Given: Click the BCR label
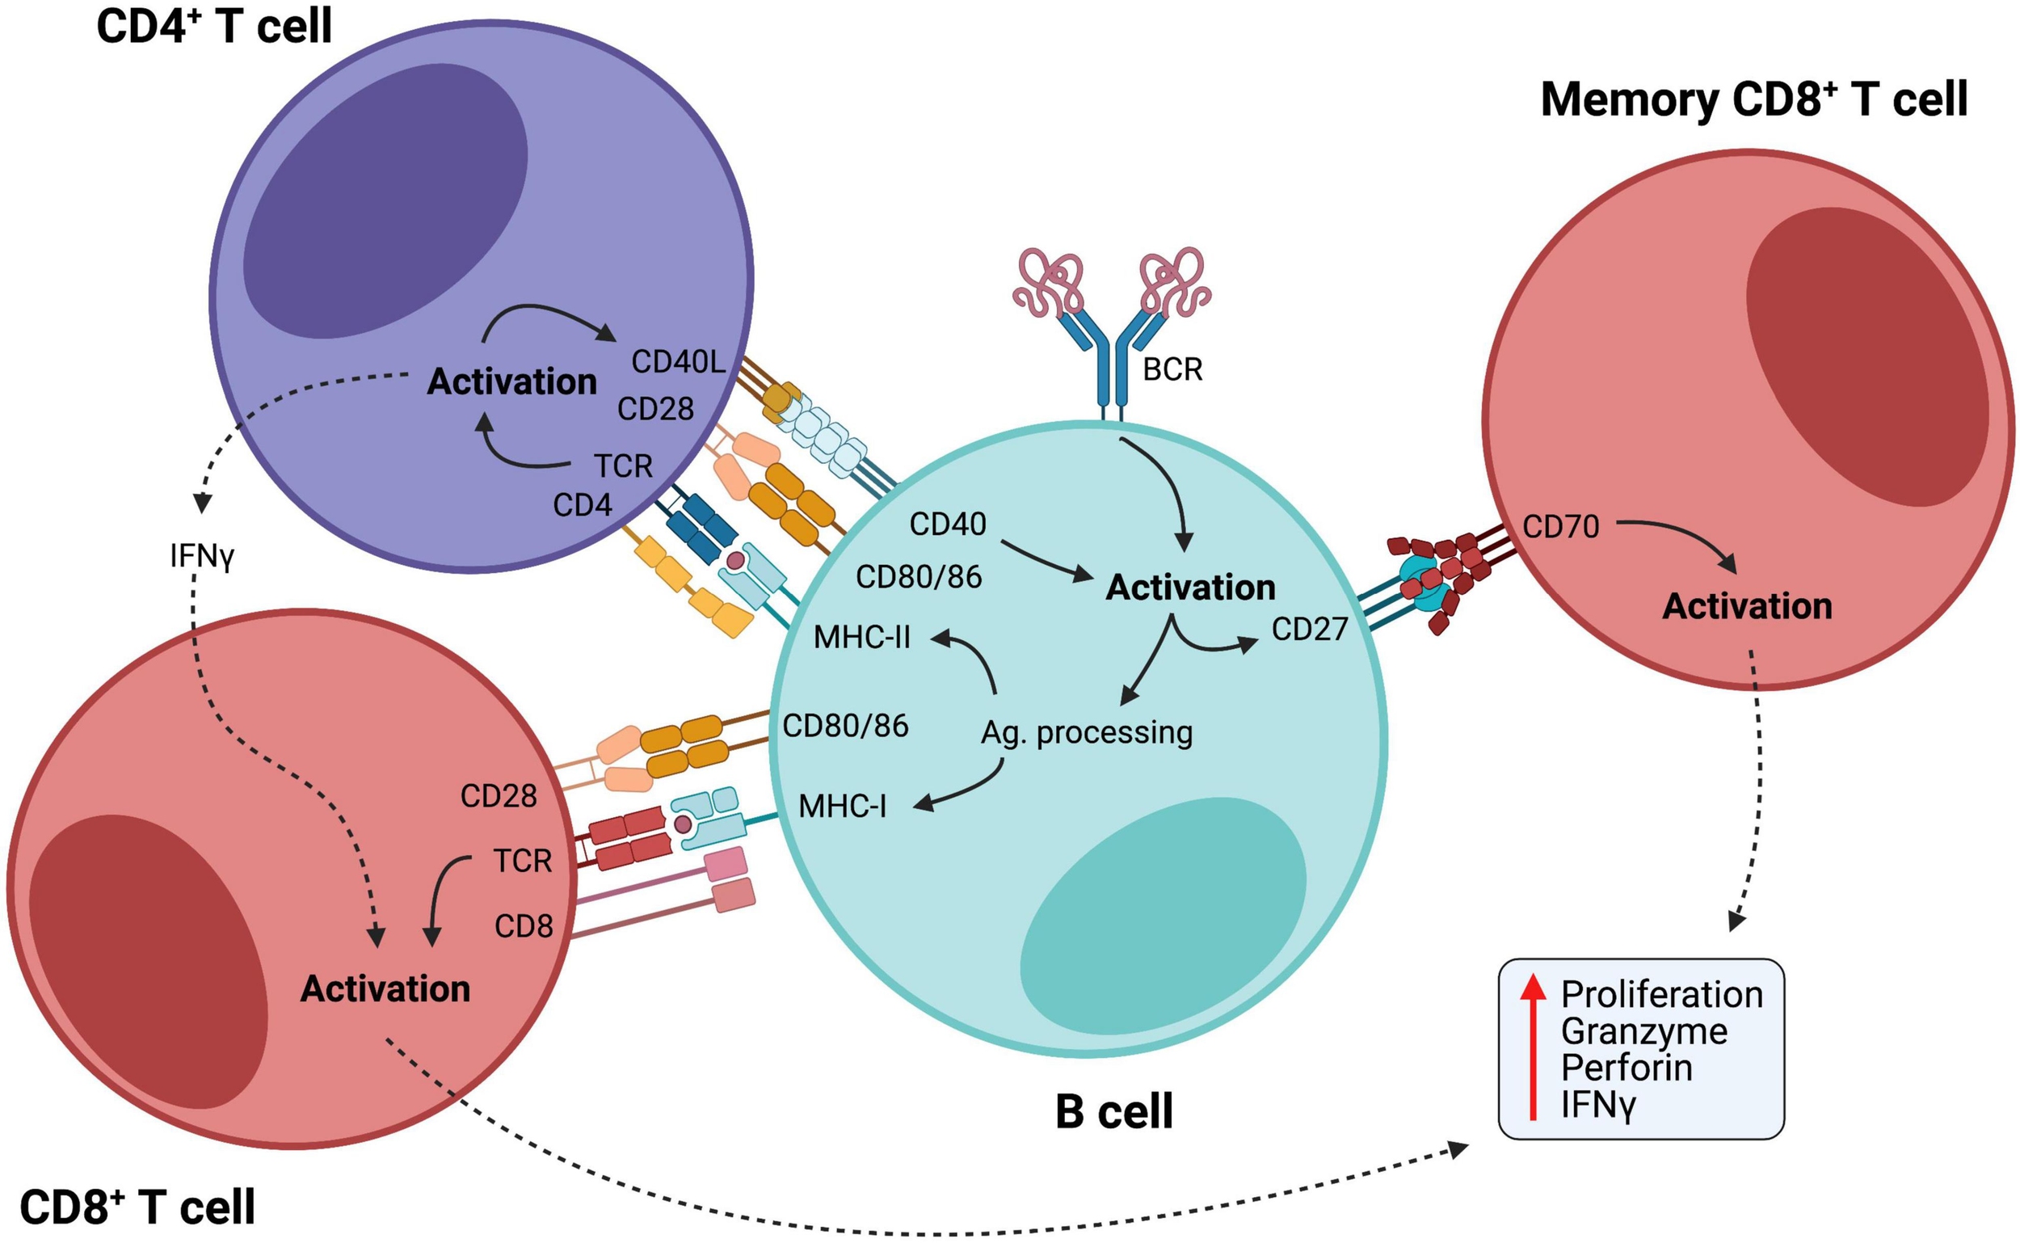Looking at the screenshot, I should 1172,370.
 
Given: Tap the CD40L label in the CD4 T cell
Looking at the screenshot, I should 678,362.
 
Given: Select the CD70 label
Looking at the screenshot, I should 1560,527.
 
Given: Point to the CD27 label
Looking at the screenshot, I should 1309,630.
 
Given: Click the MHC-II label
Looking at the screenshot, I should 862,638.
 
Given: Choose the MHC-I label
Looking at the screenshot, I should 843,807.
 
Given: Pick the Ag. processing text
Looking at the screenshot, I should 1087,732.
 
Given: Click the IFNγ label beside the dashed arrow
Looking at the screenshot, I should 202,557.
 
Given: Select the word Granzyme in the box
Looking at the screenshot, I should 1643,1032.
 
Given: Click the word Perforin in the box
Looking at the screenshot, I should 1627,1068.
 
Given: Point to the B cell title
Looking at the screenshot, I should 1113,1112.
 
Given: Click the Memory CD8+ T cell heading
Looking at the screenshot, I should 1753,100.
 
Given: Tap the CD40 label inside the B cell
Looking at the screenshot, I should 948,525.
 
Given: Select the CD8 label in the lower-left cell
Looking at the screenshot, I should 524,926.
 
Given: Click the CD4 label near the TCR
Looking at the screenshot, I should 582,505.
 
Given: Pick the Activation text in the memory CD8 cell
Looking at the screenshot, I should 1747,607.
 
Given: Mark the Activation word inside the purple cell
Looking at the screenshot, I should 511,382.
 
